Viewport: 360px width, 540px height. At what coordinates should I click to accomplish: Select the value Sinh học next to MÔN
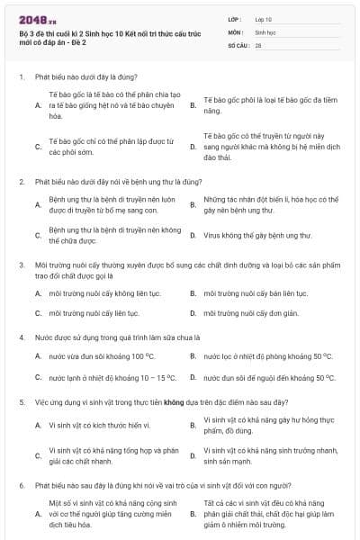click(x=265, y=31)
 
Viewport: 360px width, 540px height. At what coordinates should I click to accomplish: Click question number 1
click(x=21, y=77)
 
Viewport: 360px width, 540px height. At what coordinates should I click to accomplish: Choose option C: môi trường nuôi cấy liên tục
click(x=86, y=313)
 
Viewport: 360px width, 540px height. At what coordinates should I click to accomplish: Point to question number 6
click(x=21, y=484)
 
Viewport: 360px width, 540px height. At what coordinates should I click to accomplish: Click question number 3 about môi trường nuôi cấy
click(x=21, y=265)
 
